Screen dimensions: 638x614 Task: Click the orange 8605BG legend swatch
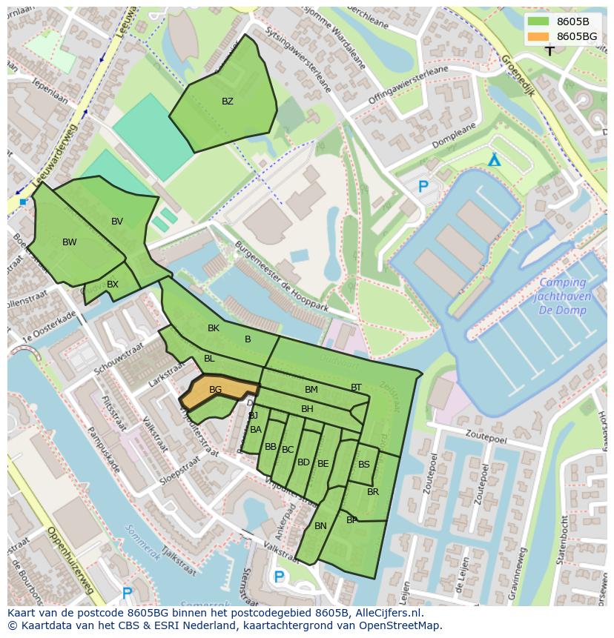[539, 36]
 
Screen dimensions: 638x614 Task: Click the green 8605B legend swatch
[539, 21]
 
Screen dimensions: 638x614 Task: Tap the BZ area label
[228, 102]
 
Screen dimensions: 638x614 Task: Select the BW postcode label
[69, 242]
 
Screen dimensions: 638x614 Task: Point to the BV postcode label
[117, 222]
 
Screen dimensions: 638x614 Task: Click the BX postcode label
[113, 284]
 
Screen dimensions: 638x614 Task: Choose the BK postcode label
[214, 328]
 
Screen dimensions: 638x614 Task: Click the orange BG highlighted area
[217, 390]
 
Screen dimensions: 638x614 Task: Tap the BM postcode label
[311, 390]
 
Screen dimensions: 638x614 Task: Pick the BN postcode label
[320, 526]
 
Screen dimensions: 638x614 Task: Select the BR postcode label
[373, 492]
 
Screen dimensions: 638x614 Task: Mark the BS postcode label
[364, 465]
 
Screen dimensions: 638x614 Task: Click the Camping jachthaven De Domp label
[562, 295]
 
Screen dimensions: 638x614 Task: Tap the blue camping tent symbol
[494, 160]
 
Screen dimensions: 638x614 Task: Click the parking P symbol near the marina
[423, 187]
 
